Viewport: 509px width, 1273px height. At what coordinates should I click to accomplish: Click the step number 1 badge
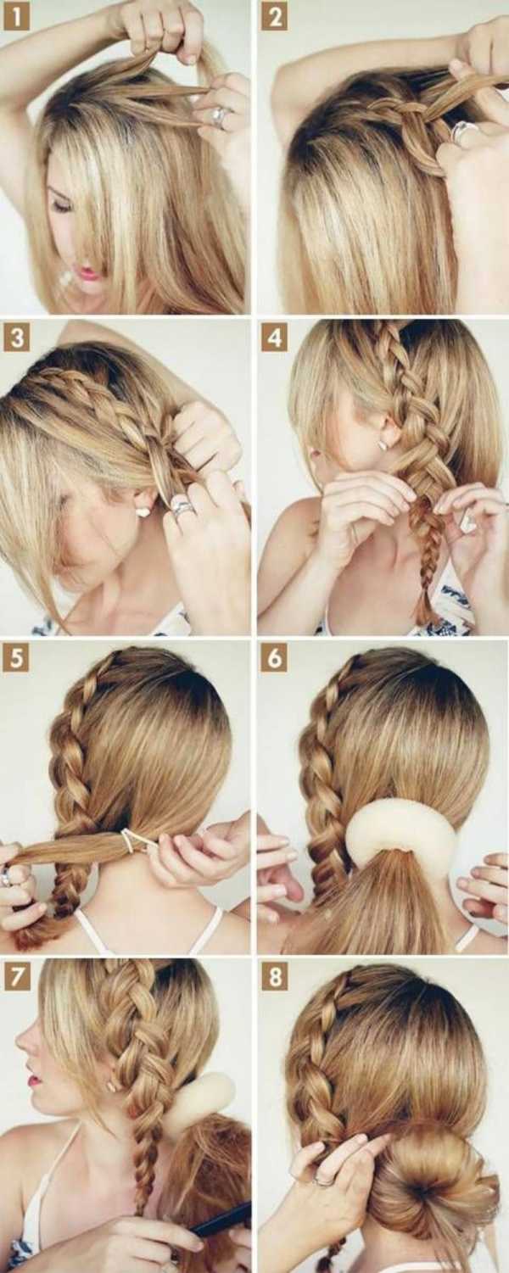(17, 17)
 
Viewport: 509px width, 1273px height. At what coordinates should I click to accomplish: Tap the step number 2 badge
(275, 17)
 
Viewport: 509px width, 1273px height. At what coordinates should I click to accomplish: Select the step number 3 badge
(17, 338)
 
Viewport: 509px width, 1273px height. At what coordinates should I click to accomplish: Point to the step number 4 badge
(275, 338)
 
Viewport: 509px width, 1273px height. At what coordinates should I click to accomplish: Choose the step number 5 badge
(17, 659)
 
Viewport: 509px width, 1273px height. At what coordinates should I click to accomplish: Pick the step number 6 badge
(275, 659)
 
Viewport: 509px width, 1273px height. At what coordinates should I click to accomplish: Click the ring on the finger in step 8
(323, 1177)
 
